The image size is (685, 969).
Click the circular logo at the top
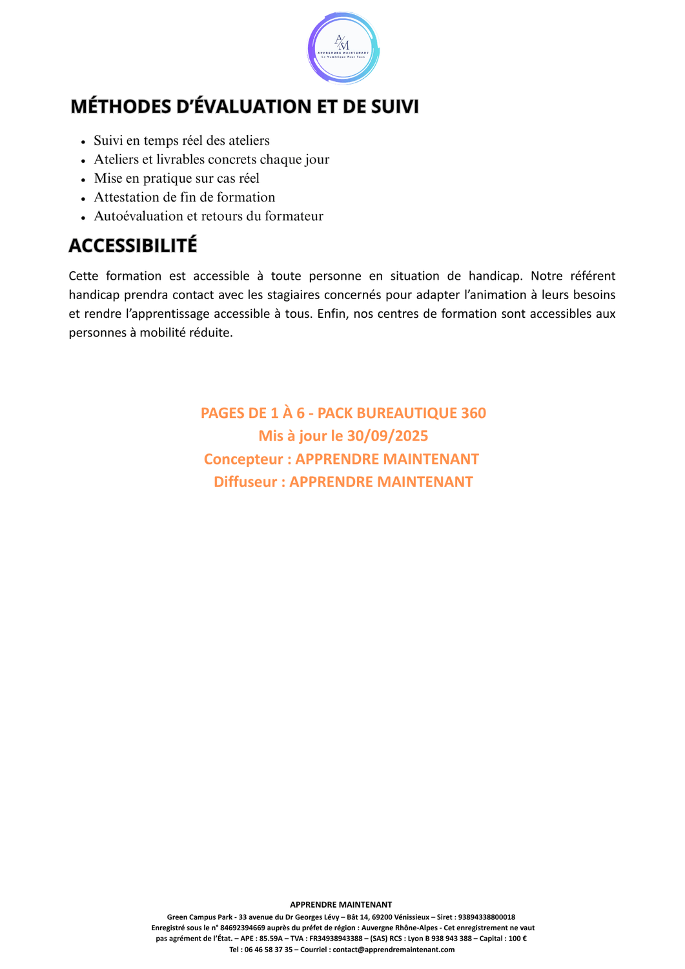point(343,48)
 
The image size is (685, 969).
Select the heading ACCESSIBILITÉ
point(133,246)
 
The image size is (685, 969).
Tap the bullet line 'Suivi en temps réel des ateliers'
point(181,141)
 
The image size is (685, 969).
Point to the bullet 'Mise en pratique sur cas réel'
point(176,178)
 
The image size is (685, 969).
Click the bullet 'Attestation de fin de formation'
point(184,197)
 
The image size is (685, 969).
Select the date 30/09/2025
point(387,436)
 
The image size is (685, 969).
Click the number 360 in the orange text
point(473,413)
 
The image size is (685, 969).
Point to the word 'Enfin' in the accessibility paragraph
point(331,314)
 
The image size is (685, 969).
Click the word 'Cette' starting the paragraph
point(83,276)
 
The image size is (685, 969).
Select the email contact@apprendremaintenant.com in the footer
point(393,950)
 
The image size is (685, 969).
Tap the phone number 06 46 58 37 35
point(268,950)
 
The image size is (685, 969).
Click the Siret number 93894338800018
point(486,917)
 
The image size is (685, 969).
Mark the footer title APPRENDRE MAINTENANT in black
point(341,905)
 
